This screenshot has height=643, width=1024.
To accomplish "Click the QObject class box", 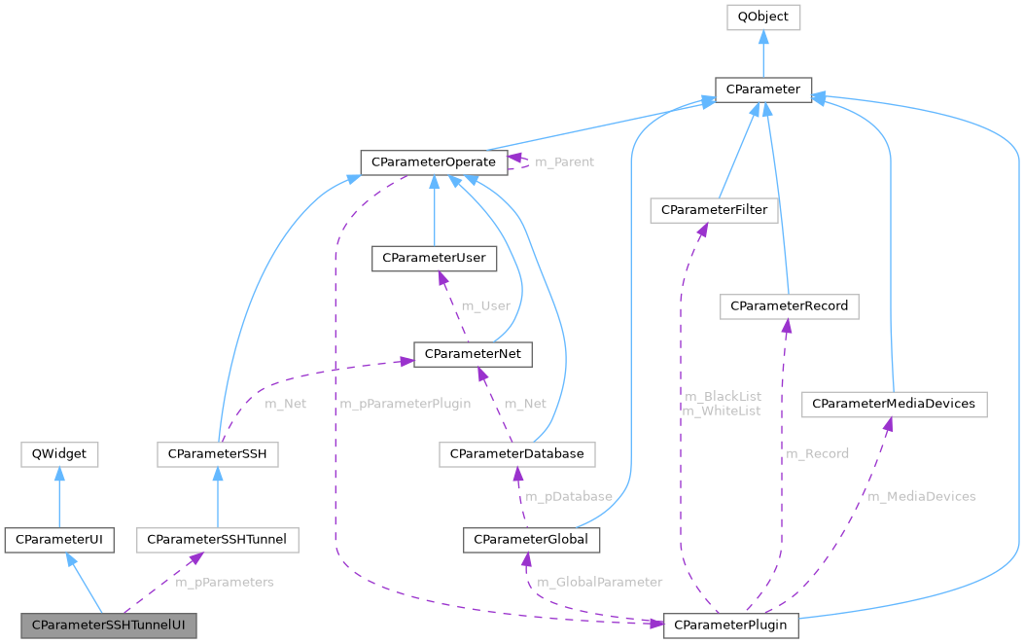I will click(763, 18).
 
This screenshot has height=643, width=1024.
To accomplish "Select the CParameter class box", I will click(763, 89).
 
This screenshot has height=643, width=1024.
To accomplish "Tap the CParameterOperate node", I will click(433, 161).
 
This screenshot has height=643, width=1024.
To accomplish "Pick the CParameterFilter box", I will click(715, 210).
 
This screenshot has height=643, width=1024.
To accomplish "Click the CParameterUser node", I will click(434, 258).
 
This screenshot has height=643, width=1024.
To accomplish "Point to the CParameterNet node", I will click(473, 354).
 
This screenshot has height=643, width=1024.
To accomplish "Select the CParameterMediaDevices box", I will click(894, 403).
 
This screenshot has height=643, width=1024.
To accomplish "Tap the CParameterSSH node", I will click(218, 453).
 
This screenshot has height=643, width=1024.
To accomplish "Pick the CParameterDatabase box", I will click(517, 453).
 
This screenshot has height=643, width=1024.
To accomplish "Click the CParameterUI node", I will click(59, 539).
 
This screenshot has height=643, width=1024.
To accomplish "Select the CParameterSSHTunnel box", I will click(218, 539).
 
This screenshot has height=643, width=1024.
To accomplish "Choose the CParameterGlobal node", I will click(532, 539).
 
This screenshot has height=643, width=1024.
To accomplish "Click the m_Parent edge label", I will click(564, 161).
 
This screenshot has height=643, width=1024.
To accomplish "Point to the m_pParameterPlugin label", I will click(406, 404).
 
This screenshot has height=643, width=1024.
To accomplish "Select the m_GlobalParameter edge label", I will click(601, 582).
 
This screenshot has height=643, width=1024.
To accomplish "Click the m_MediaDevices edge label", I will click(922, 496).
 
